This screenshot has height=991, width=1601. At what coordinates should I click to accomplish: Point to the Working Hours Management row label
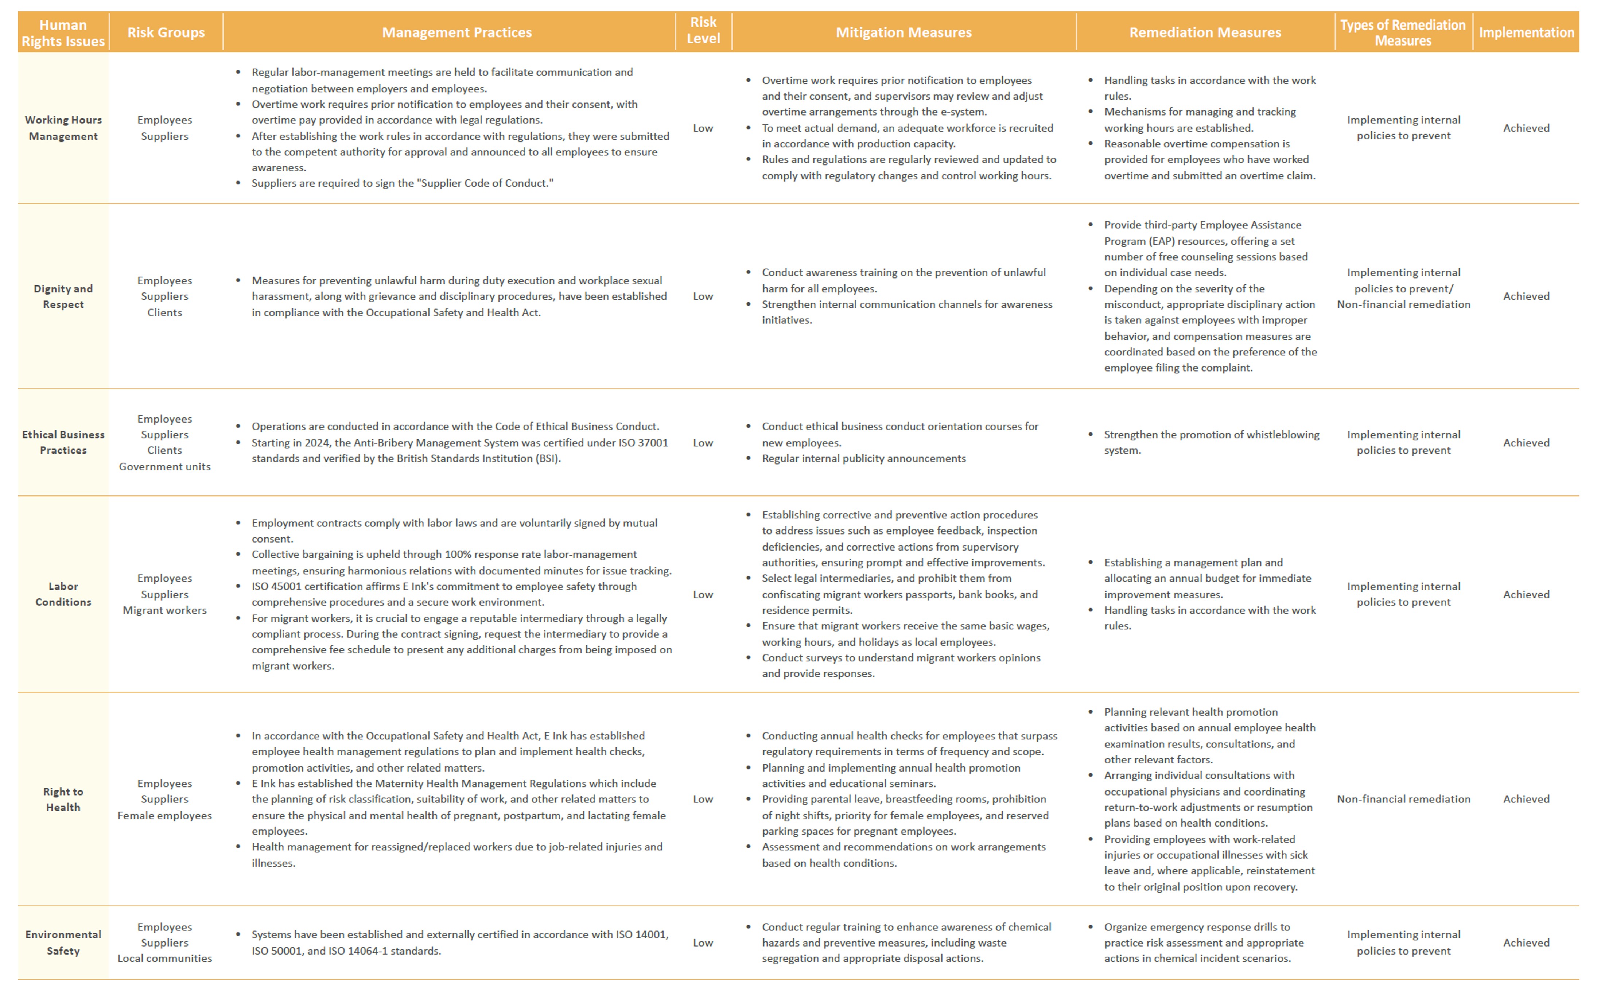coord(63,128)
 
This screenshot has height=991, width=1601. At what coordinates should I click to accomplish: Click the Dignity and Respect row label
coord(63,296)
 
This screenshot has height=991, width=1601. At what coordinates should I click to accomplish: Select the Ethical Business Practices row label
coord(63,442)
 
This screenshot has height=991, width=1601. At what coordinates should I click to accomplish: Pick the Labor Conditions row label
coord(63,594)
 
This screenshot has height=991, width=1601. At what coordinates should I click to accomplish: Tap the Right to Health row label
coord(63,799)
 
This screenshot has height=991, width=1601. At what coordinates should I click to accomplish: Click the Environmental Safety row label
coord(63,943)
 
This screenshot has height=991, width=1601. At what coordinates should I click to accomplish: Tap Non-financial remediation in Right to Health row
coord(1403,799)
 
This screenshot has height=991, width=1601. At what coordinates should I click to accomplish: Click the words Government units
coord(164,467)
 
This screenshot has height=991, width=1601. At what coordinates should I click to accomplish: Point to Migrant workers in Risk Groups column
coord(164,610)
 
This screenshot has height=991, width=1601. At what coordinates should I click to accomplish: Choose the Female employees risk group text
coord(164,815)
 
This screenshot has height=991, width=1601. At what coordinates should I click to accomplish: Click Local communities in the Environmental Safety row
coord(164,958)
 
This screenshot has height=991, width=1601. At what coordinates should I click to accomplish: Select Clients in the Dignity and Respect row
coord(164,312)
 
